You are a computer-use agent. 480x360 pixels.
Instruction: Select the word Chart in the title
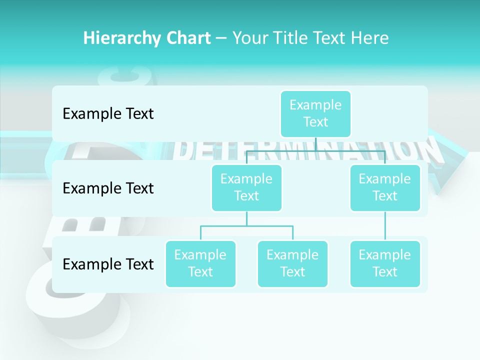[185, 38]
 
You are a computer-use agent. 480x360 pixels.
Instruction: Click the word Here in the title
[369, 38]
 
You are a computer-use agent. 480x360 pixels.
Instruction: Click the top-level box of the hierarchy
[315, 113]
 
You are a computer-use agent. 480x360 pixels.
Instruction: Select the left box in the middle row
[246, 187]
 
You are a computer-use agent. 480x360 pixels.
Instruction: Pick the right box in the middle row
[385, 187]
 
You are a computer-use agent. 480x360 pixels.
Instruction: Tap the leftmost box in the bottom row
[200, 263]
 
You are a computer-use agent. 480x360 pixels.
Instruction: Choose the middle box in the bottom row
[292, 263]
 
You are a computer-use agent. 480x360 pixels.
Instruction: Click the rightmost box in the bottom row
[385, 263]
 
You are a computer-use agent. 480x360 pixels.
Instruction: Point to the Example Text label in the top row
[108, 114]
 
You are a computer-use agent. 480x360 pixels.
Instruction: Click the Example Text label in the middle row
[108, 188]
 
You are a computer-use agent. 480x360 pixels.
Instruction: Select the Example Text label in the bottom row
[108, 264]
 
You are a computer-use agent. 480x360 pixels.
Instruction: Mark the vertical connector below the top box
[315, 144]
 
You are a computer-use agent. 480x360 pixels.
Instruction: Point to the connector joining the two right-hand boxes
[385, 226]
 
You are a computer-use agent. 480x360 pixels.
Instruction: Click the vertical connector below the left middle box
[246, 218]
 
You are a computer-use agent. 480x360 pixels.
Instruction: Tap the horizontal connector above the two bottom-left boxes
[246, 226]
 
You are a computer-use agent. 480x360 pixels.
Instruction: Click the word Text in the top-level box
[315, 122]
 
